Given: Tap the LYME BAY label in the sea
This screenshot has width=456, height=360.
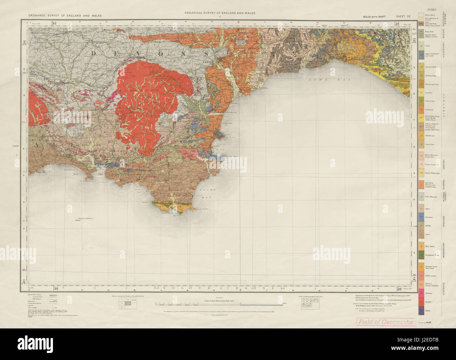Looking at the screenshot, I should (x=319, y=80).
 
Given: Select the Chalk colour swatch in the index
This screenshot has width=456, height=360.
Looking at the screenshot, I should (x=421, y=45).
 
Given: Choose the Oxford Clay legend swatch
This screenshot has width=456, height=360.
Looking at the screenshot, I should (x=421, y=101).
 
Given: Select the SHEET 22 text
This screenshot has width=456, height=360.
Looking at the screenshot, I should (x=403, y=16).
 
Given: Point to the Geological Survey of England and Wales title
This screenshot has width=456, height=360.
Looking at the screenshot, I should (x=220, y=13).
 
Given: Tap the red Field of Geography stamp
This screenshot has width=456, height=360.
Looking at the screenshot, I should (x=385, y=321).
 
